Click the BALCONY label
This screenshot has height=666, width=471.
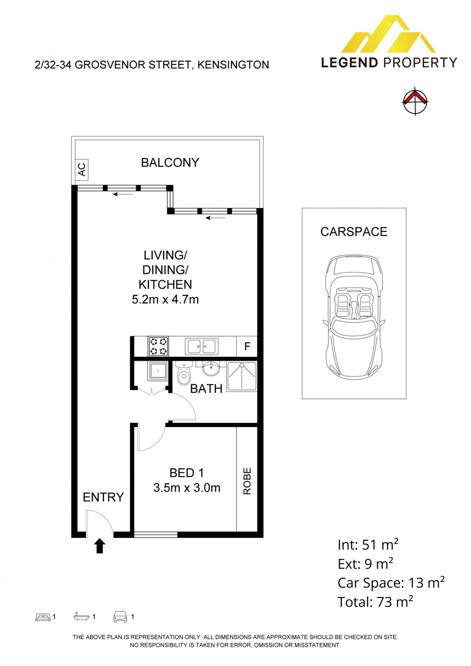(x=170, y=163)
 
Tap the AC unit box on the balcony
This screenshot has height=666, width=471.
(x=81, y=170)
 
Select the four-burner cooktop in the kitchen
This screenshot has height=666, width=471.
(x=158, y=346)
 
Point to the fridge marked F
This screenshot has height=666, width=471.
(x=247, y=346)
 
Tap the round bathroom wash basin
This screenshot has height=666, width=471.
(x=211, y=369)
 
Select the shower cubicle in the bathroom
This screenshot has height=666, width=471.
(x=242, y=377)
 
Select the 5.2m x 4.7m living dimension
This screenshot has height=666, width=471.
(x=165, y=299)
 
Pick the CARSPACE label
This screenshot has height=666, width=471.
(x=354, y=232)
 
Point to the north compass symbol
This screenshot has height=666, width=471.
(x=416, y=101)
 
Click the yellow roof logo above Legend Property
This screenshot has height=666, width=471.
(x=389, y=35)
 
